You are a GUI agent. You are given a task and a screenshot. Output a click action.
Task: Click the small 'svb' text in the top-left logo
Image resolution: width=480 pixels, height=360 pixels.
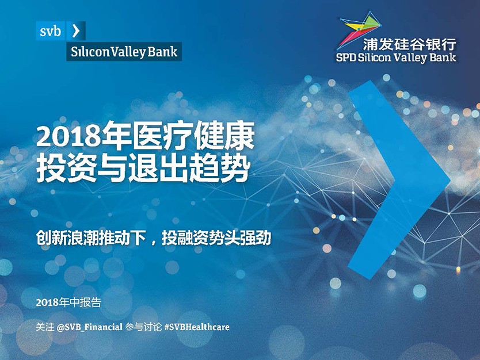(x=50, y=31)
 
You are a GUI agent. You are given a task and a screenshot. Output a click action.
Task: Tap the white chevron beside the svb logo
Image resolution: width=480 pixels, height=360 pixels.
(x=75, y=31)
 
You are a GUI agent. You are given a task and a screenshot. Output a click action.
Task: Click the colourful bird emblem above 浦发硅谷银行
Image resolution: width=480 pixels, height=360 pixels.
(x=359, y=29)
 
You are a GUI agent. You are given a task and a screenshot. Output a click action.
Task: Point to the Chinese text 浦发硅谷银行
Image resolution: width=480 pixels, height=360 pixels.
(x=409, y=44)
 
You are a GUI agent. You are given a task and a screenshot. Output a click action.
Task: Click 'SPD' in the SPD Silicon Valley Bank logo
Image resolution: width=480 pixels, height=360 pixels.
(x=346, y=58)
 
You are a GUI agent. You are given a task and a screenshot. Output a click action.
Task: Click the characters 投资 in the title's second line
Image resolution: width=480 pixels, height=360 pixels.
(x=66, y=168)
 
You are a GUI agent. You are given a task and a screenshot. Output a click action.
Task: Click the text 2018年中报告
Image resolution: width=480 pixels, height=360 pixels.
(x=68, y=302)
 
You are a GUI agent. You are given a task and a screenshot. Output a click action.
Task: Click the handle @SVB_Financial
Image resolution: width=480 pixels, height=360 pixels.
(x=90, y=327)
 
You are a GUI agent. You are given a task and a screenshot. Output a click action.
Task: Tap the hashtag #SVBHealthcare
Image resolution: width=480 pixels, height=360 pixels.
(x=196, y=327)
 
